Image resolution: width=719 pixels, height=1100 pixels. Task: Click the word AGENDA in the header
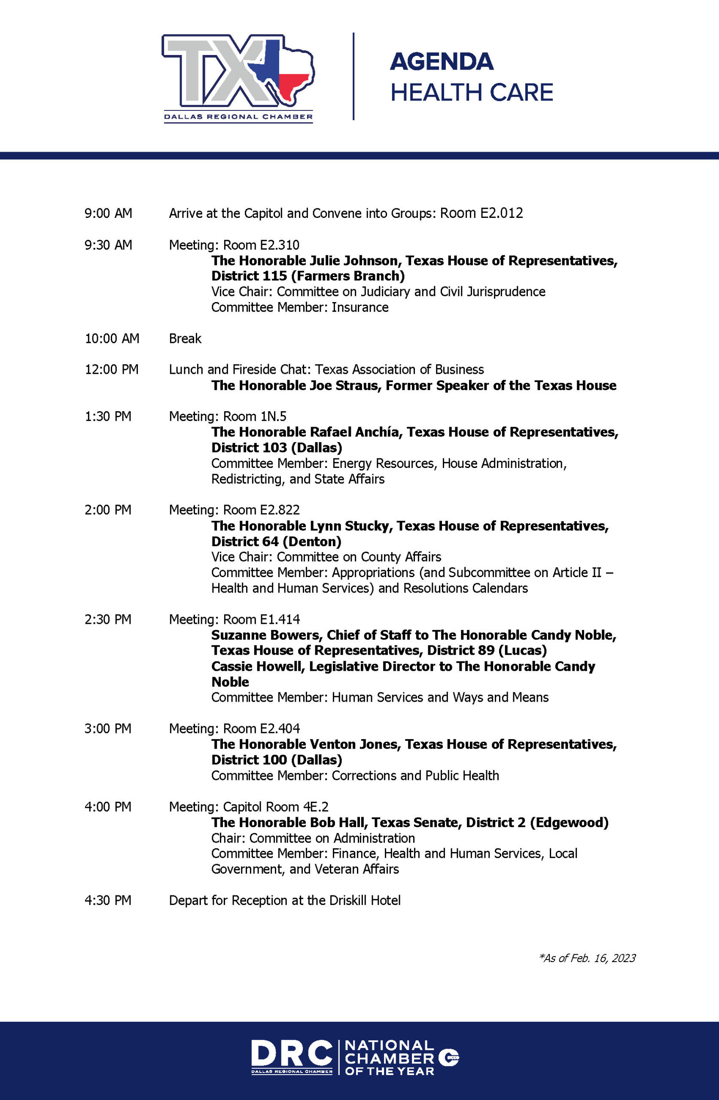441,62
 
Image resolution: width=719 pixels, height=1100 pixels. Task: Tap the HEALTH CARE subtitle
471,92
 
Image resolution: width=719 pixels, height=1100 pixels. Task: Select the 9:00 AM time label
108,214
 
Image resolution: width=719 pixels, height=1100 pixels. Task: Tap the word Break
185,339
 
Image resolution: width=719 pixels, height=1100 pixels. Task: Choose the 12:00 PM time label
111,370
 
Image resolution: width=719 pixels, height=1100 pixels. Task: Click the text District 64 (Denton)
276,541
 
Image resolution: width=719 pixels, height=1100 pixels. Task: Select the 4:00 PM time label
108,807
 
